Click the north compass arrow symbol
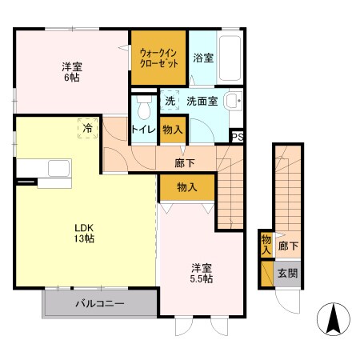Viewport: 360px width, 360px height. click(334, 321)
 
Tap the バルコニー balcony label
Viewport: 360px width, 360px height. click(99, 304)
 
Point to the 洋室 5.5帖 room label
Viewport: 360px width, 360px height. click(201, 273)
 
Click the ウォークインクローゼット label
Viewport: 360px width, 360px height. click(158, 58)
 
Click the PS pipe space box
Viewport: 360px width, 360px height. click(237, 137)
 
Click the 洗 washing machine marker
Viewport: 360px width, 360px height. click(170, 102)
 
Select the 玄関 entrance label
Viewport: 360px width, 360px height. click(286, 273)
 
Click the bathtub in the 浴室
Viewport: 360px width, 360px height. click(230, 58)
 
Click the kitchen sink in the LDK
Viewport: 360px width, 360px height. click(58, 168)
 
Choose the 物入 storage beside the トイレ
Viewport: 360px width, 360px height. click(170, 129)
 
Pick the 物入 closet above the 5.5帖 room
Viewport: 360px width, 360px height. click(186, 187)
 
